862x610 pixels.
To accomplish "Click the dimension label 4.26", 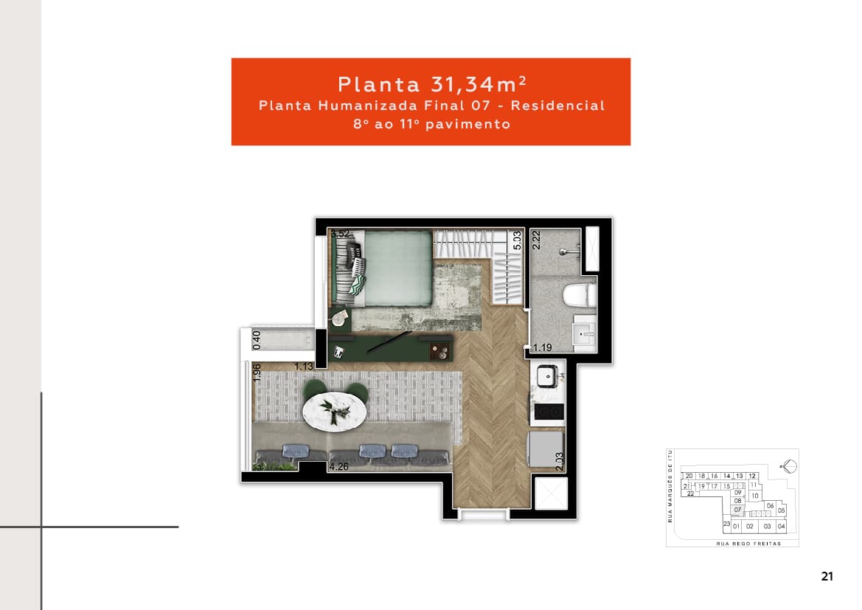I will pyautogui.click(x=340, y=467).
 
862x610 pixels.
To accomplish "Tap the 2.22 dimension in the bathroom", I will pyautogui.click(x=537, y=242).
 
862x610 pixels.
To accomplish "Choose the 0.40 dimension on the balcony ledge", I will pyautogui.click(x=257, y=339).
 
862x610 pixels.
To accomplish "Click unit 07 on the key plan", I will pyautogui.click(x=737, y=510).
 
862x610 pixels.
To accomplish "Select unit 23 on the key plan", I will pyautogui.click(x=726, y=524).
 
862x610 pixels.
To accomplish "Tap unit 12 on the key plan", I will pyautogui.click(x=752, y=476).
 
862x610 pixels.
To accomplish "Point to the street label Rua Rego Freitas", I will pyautogui.click(x=748, y=544).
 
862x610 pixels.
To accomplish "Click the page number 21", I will pyautogui.click(x=827, y=576).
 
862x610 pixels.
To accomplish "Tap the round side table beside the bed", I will pyautogui.click(x=339, y=319).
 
